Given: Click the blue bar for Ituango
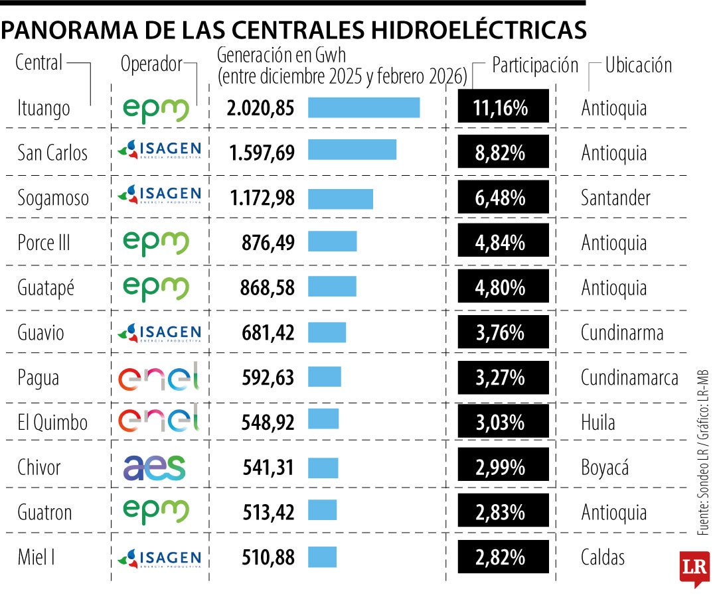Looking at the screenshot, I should tap(364, 107).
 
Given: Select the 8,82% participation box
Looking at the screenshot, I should tap(503, 153).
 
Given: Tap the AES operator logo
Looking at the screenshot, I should tap(155, 468).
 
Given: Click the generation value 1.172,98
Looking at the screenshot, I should tap(262, 198).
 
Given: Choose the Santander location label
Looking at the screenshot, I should tap(615, 198).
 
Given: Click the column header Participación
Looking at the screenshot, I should tap(535, 66).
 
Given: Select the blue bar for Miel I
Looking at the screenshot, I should tap(322, 557).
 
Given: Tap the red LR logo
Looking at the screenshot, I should tap(694, 568).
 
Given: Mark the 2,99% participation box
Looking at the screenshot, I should tap(503, 468).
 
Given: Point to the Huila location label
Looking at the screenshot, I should tap(598, 423).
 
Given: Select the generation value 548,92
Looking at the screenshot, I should tap(268, 423).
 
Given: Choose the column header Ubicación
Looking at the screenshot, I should tap(639, 66).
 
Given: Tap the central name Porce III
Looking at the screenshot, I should tap(44, 243).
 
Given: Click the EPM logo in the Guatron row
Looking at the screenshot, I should tap(157, 512).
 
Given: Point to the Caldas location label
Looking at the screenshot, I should tap(603, 557).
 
